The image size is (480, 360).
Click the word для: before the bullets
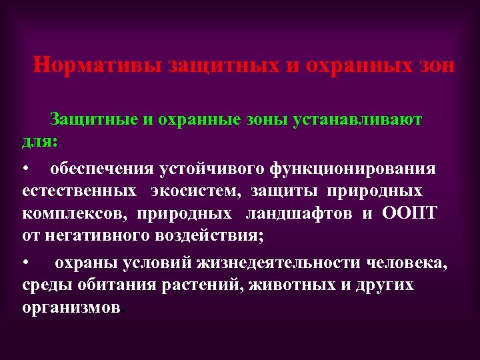click(x=39, y=141)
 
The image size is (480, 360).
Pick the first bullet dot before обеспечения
click(x=25, y=169)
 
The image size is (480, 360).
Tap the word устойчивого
click(x=211, y=169)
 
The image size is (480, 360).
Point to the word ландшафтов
click(x=301, y=213)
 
